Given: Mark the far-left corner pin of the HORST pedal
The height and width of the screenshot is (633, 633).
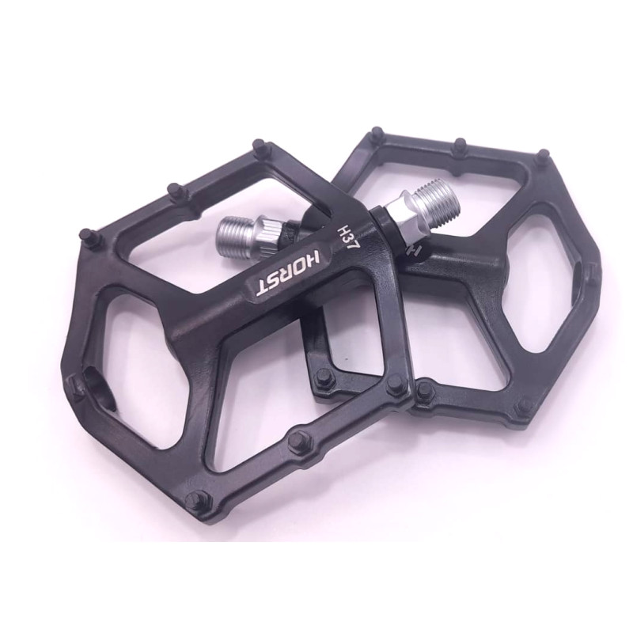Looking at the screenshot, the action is point(74,383).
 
